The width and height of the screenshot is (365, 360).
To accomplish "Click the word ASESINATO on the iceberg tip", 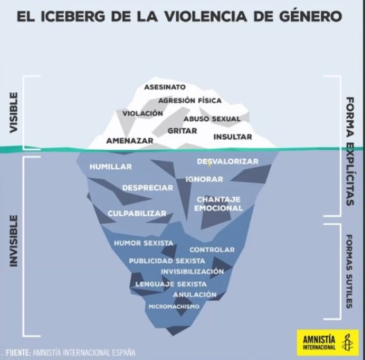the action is (x=165, y=87).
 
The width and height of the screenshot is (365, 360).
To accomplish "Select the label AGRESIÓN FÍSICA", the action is (x=190, y=101).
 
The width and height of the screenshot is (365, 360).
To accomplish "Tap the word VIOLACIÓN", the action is (x=142, y=114).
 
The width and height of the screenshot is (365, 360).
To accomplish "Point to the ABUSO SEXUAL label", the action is (x=212, y=119).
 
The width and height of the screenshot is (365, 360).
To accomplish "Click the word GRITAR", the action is (x=182, y=131).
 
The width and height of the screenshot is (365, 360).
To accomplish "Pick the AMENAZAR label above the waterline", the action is (x=130, y=141).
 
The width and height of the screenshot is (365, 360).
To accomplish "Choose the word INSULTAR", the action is (x=233, y=137).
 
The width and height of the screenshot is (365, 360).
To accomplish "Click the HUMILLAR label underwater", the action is (x=111, y=167).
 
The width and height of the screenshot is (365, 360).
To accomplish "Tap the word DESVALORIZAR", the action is (x=228, y=161).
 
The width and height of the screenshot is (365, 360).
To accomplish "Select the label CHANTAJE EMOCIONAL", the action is (x=219, y=204).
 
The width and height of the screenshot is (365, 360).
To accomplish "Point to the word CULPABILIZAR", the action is (x=137, y=214).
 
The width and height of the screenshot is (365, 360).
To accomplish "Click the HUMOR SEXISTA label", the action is (x=144, y=243).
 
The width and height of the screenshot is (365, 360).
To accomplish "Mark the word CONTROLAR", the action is (x=212, y=250).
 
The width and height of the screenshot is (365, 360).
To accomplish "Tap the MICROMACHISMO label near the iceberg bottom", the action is (x=174, y=307).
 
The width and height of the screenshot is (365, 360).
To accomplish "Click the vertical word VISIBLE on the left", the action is (x=13, y=113).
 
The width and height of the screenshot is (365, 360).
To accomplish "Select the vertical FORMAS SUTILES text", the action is (x=350, y=271).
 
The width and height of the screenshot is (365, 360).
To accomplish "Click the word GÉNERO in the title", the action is (x=310, y=17).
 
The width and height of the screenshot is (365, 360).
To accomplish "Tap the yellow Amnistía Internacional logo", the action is (x=328, y=343).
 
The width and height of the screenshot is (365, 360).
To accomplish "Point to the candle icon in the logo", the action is (x=347, y=342).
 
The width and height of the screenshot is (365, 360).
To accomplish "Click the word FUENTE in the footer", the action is (x=18, y=352).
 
